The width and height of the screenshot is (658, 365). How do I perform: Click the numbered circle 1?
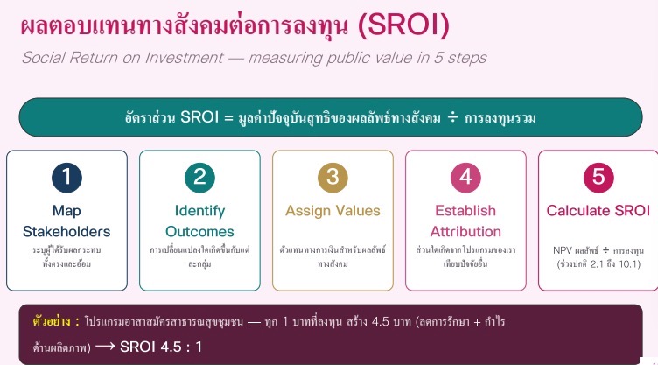(x=66, y=178)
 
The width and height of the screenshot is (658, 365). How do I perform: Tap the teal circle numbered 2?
(x=199, y=178)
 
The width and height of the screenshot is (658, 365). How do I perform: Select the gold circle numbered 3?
(x=332, y=178)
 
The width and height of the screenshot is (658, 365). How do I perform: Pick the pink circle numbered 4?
(x=465, y=178)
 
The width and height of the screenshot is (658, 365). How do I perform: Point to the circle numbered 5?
(x=598, y=178)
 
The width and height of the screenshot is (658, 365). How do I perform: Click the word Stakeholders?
(x=66, y=231)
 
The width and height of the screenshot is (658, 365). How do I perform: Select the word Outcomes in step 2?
(x=199, y=231)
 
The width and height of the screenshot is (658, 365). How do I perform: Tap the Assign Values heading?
(x=332, y=211)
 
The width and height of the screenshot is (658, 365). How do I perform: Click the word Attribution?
(x=465, y=231)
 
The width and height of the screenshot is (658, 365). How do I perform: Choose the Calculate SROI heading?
(x=598, y=210)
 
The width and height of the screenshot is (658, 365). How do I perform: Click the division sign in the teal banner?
(x=452, y=117)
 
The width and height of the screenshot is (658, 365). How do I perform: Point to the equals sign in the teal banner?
(x=228, y=117)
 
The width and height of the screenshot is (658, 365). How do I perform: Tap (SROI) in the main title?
(x=403, y=25)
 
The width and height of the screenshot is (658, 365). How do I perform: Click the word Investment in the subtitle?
(x=185, y=58)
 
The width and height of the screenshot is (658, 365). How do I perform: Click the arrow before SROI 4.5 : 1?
(x=105, y=346)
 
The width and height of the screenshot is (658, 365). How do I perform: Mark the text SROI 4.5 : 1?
(x=161, y=347)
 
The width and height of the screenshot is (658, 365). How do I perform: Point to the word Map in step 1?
(x=66, y=211)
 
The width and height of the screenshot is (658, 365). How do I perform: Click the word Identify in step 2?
(x=199, y=211)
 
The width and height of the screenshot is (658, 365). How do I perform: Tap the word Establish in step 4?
(x=465, y=210)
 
